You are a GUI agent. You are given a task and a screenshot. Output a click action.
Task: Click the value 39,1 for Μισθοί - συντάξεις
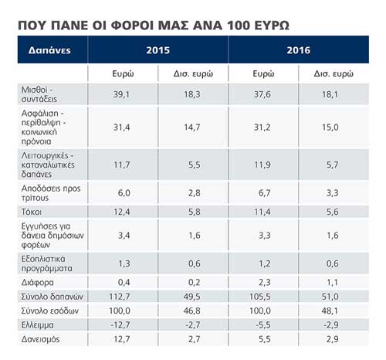[123, 95]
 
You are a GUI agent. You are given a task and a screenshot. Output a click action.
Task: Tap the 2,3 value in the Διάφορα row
[264, 283]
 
